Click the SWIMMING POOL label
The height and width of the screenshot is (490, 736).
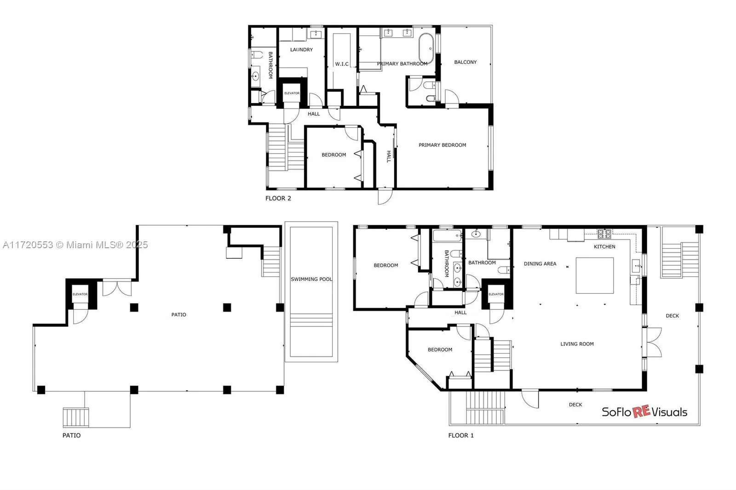point(311,279)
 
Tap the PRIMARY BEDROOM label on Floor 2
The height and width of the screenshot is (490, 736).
point(442,145)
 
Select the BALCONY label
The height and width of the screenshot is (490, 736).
point(465,62)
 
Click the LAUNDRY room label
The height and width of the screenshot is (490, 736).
point(301,50)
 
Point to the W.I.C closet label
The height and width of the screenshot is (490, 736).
point(341,64)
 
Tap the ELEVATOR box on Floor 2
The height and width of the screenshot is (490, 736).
point(292,93)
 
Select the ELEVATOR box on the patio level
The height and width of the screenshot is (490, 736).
point(80,294)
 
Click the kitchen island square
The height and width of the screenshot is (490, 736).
point(595,275)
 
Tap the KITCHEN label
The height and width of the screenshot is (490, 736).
point(604,247)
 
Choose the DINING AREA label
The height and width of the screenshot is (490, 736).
point(540,264)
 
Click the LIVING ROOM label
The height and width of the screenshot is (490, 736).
point(577,344)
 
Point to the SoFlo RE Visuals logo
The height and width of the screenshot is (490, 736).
point(644,412)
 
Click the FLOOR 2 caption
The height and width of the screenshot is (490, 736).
point(278,199)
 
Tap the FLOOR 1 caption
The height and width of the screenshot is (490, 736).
point(461,435)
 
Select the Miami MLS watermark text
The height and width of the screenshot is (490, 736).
point(75,245)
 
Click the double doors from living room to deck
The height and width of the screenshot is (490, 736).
point(653,342)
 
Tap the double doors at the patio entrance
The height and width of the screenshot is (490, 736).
point(116,288)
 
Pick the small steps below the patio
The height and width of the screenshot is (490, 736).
point(75,417)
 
